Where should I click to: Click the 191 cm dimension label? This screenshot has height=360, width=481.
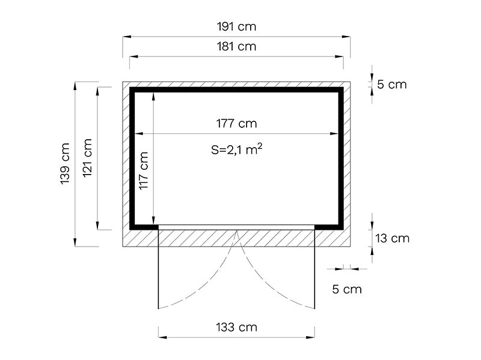coord(237,27)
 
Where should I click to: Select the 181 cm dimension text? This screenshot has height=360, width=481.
coord(237,46)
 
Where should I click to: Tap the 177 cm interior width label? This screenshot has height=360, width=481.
coord(237,124)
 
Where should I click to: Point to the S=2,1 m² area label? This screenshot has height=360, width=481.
coord(237,151)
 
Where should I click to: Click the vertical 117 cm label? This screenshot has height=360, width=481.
coord(144,171)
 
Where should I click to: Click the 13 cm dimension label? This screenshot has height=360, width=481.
coord(391,238)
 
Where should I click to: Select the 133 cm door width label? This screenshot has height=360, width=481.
coord(237,327)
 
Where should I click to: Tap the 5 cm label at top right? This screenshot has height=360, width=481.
coord(391,85)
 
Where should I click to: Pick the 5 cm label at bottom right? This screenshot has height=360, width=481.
coord(347,289)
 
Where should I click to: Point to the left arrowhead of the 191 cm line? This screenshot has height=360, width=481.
coord(127,37)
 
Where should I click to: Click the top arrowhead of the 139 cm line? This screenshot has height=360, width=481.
coord(75,85)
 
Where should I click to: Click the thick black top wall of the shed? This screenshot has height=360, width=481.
coord(237,90)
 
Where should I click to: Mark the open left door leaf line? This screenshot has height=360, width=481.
coord(158,270)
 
